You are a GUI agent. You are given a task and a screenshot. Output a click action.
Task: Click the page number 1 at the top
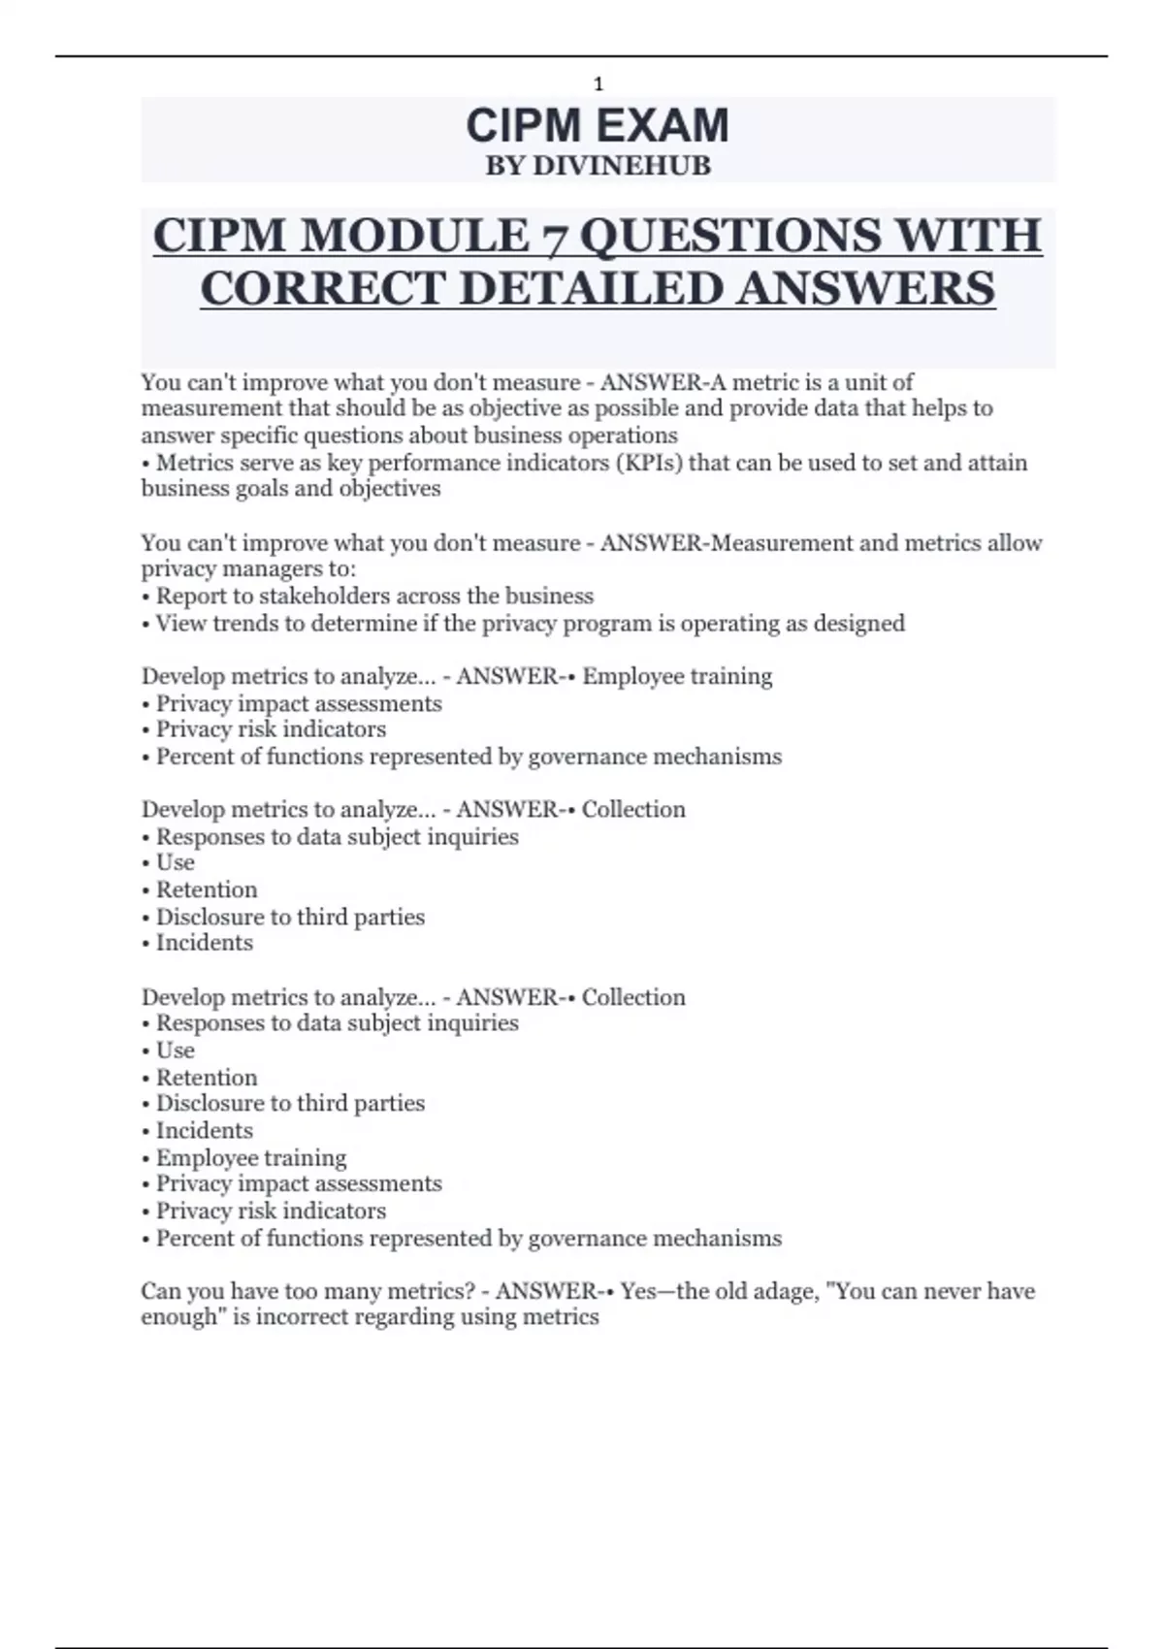598,84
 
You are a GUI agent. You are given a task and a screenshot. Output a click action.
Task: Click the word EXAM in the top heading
663,126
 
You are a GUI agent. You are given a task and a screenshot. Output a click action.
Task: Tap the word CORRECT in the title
323,289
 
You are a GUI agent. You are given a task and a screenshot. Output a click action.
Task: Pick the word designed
859,623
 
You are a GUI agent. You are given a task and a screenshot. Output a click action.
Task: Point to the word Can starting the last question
160,1291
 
